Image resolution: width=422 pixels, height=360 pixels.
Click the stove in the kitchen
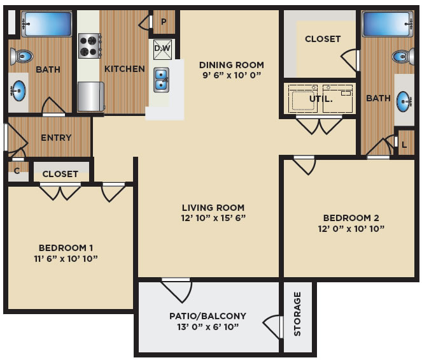click(90, 46)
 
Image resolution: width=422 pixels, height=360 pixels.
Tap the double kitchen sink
click(161, 80)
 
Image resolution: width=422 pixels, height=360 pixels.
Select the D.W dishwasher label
click(162, 48)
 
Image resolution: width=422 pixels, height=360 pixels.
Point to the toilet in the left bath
click(22, 56)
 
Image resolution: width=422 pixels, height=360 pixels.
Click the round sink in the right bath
click(404, 101)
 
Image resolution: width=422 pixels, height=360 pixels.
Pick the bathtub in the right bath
click(387, 24)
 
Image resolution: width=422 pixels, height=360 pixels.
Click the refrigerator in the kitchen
click(91, 96)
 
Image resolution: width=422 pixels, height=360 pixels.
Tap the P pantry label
click(164, 22)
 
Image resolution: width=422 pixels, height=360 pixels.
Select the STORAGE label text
click(297, 313)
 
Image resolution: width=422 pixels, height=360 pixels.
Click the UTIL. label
click(321, 99)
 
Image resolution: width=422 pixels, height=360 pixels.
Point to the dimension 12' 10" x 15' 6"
click(213, 218)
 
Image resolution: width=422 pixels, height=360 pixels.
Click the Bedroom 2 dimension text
click(351, 229)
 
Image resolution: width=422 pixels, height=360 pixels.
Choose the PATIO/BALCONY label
click(207, 316)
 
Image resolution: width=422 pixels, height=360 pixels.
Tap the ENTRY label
click(56, 138)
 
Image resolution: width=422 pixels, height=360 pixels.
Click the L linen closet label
click(404, 145)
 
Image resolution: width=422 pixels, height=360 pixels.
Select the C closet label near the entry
click(17, 171)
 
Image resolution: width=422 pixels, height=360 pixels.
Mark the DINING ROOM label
click(232, 65)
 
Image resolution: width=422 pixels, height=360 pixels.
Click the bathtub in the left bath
click(46, 24)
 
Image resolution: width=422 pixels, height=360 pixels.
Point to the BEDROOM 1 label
click(66, 248)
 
